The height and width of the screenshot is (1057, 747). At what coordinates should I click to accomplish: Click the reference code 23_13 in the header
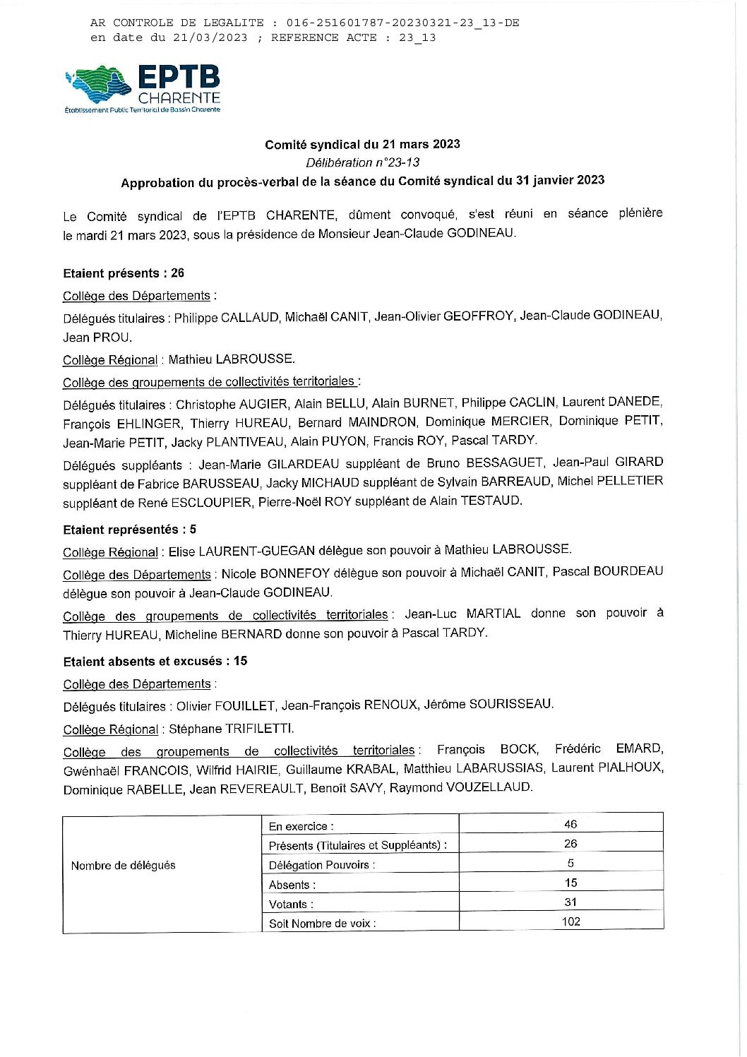(x=417, y=38)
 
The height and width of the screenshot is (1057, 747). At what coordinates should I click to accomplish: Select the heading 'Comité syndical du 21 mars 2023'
(x=362, y=145)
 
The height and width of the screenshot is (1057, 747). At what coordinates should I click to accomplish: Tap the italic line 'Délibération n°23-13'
(x=362, y=162)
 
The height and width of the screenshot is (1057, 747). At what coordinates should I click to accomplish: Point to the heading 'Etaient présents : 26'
(x=124, y=273)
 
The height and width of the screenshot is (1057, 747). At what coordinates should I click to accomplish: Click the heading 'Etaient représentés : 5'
(x=129, y=530)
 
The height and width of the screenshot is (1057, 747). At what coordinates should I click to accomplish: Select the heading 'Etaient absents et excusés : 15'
(x=155, y=662)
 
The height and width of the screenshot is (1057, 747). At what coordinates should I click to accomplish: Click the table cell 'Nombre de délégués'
(x=123, y=866)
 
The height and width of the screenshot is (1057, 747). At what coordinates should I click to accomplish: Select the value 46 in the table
(x=570, y=824)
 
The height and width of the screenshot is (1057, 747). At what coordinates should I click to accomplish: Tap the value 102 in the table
(x=570, y=921)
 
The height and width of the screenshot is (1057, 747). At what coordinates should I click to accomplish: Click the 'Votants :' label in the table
(x=291, y=904)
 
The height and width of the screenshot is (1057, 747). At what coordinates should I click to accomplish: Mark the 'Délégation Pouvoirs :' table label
(x=322, y=865)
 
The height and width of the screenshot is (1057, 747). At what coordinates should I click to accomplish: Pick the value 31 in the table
(x=570, y=902)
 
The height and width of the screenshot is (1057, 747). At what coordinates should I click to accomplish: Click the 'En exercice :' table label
(x=301, y=826)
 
